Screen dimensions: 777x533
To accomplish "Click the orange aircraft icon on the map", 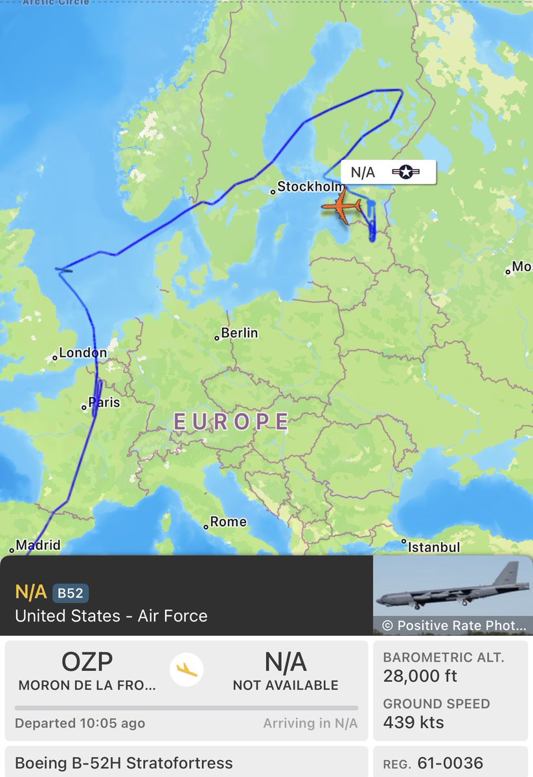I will coord(341,207).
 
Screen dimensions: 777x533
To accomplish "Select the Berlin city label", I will coord(239,333).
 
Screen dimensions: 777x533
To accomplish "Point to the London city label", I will coord(82,354).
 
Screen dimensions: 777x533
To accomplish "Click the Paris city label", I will coord(104,403).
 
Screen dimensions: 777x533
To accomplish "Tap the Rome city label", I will coord(228,522).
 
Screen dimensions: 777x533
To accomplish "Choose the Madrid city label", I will coord(38,545).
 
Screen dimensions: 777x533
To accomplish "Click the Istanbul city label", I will coord(433,547).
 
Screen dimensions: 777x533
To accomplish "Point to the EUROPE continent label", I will coord(231,422).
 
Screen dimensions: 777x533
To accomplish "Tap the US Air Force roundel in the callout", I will coord(406,172).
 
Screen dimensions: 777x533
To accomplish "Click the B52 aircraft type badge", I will coord(71,592).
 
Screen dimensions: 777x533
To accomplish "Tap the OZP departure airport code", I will coord(87,662).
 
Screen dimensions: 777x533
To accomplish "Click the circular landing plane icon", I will coord(186,669).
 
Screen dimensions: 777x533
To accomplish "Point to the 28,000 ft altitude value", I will coord(420,676).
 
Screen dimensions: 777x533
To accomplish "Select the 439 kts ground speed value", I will coord(413,722).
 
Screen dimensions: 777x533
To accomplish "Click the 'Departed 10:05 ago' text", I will coord(80,723).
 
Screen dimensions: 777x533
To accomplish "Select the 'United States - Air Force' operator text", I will coord(111,616).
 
